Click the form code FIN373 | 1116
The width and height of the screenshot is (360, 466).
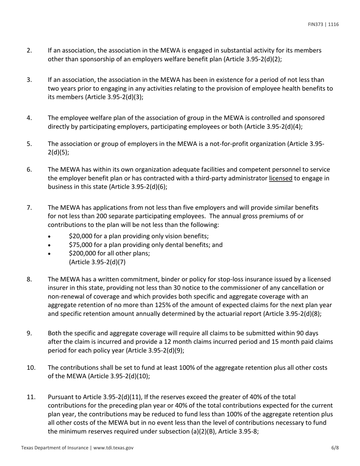point(323,25)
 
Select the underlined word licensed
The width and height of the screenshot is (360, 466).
point(280,178)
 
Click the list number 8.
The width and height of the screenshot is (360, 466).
point(29,279)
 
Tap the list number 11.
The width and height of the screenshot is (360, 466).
point(31,397)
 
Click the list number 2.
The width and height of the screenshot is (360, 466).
point(29,50)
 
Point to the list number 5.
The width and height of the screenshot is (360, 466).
point(29,144)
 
